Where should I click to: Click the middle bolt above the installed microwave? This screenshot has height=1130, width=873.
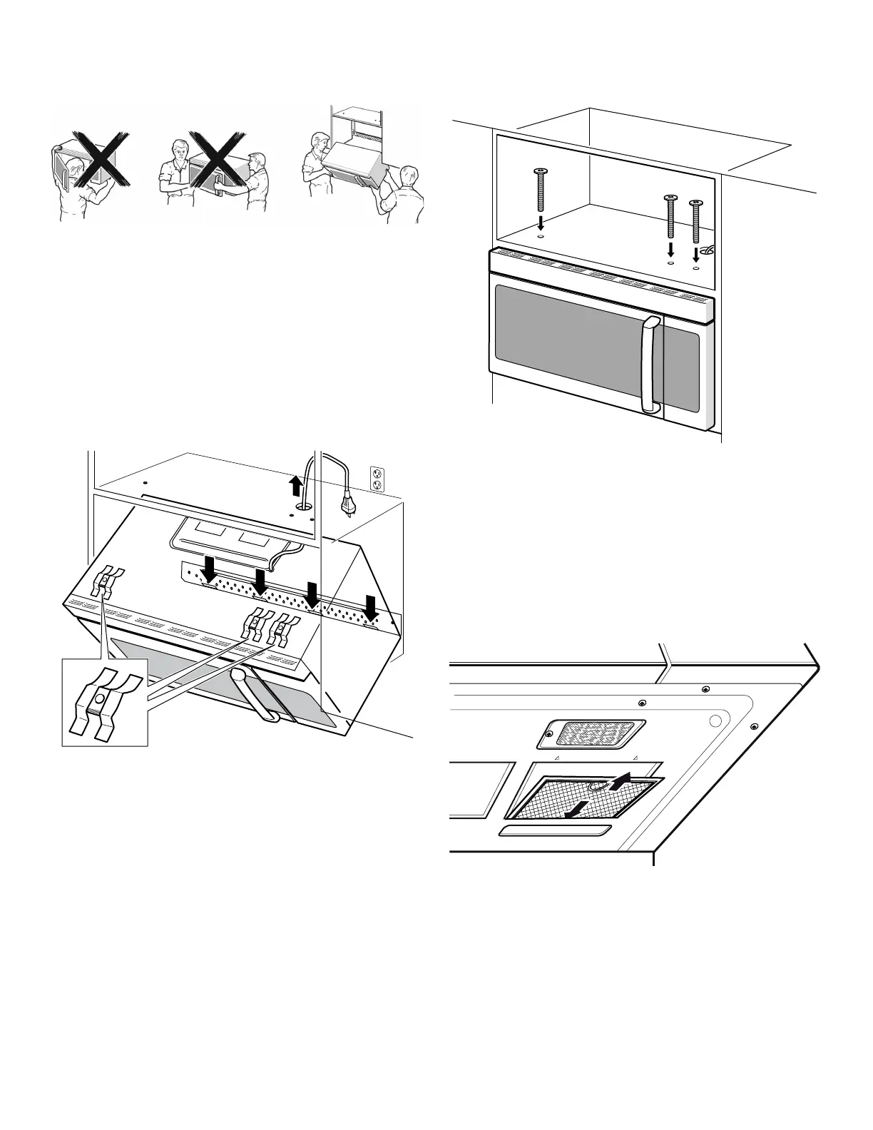point(670,218)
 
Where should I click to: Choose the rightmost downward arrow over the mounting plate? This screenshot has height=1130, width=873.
point(371,606)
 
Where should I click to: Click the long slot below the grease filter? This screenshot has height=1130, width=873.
point(554,831)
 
